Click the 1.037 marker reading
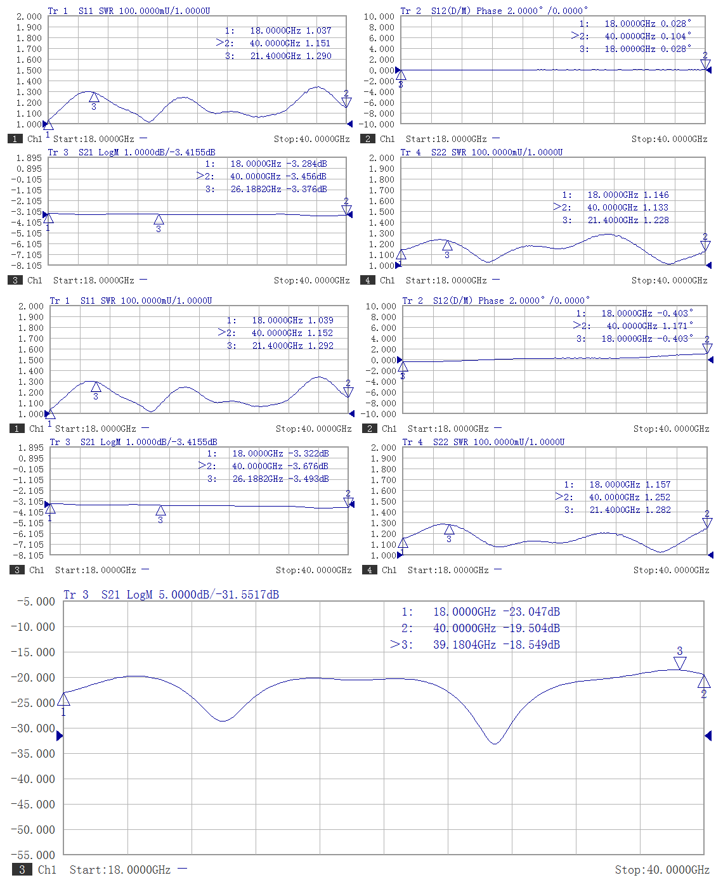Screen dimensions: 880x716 pyautogui.click(x=318, y=30)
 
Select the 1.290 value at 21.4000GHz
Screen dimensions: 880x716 pyautogui.click(x=318, y=56)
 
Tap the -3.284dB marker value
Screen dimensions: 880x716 pyautogui.click(x=306, y=164)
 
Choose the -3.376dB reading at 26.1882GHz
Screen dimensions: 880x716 pyautogui.click(x=306, y=189)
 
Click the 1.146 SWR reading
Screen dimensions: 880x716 pyautogui.click(x=656, y=195)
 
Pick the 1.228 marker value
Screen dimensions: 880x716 pyautogui.click(x=656, y=220)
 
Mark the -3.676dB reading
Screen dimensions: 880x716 pyautogui.click(x=308, y=466)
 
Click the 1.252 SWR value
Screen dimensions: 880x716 pyautogui.click(x=658, y=497)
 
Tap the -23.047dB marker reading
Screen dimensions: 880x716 pyautogui.click(x=531, y=612)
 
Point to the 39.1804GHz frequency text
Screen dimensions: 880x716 pyautogui.click(x=464, y=645)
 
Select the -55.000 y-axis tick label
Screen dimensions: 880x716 pyautogui.click(x=33, y=855)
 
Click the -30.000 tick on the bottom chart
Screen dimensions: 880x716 pyautogui.click(x=33, y=728)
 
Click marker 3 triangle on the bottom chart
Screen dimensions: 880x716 pyautogui.click(x=680, y=663)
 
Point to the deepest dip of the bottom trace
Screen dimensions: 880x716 pyautogui.click(x=495, y=743)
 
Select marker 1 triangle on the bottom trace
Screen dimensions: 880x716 pyautogui.click(x=63, y=699)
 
